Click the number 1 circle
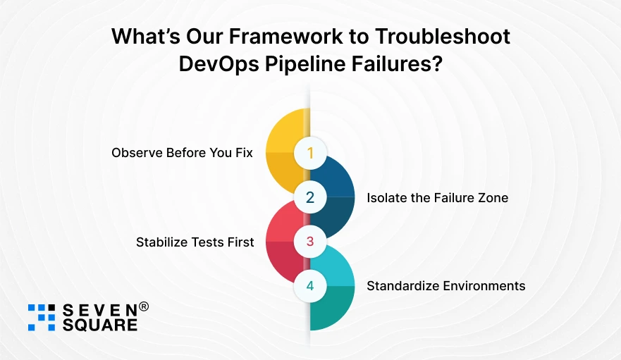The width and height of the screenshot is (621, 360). pos(310,152)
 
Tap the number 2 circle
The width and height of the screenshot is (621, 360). pos(310,197)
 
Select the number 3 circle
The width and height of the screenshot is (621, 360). pos(310,242)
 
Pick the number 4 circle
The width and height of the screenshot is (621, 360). pos(310,287)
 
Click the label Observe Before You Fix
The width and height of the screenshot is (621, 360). pos(182,153)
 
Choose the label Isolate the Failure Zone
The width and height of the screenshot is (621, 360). pos(437,198)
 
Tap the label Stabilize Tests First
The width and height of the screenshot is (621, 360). pos(195,242)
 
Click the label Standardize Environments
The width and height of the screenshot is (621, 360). pos(445,286)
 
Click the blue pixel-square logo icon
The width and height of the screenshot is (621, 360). pos(42,317)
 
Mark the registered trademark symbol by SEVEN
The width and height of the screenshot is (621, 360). pos(144,307)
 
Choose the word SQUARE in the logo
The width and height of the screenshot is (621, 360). pos(100,325)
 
